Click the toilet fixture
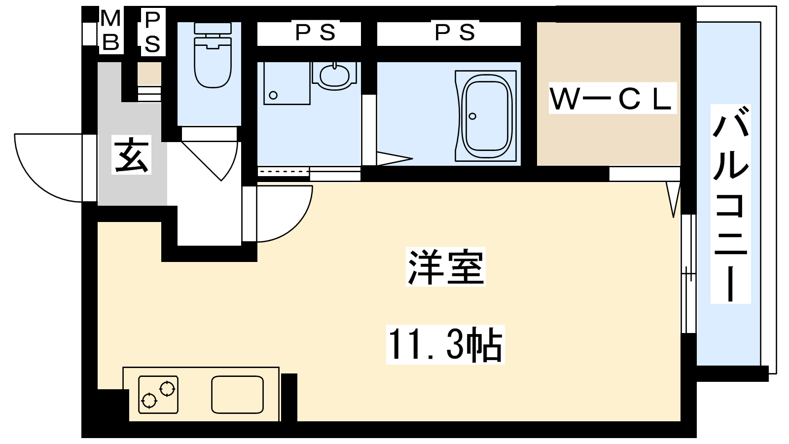coord(213,55)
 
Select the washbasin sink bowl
coord(334,75)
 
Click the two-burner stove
coord(158,394)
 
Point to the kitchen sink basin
coord(237,394)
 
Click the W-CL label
coord(612,98)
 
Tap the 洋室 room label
coord(446,267)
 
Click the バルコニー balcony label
coord(730,204)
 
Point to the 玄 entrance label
coord(131,154)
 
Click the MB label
coord(111,30)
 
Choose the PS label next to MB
coord(153,32)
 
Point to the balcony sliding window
coord(688,273)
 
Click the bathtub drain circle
coord(473,116)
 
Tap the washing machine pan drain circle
coord(273,95)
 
